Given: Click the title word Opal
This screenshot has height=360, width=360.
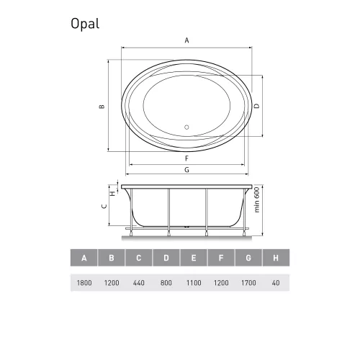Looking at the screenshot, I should [85, 24].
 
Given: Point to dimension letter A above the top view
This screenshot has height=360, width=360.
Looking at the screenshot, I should [187, 41].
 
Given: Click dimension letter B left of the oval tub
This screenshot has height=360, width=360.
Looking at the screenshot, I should [102, 107].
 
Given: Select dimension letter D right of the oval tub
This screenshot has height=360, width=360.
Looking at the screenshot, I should [257, 106].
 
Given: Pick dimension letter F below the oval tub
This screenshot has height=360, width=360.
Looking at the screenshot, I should [186, 158].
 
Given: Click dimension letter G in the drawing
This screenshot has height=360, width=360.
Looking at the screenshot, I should [186, 171].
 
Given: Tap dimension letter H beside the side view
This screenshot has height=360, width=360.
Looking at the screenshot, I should [112, 193].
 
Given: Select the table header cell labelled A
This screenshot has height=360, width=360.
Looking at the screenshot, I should [84, 257].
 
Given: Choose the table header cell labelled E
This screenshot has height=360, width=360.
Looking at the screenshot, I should [193, 257].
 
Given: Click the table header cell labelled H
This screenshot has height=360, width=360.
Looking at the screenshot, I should [276, 257].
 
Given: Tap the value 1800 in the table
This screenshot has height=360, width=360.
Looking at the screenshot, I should [84, 283].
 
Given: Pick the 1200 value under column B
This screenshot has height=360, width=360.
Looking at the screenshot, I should [111, 283].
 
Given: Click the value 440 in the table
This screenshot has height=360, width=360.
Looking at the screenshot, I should [138, 283].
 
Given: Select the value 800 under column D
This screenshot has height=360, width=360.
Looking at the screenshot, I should [166, 283].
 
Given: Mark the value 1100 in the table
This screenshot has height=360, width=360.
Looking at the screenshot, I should [193, 283].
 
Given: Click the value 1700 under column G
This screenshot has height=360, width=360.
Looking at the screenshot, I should [248, 283].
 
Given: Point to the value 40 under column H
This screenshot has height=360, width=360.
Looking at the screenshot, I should [276, 283].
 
